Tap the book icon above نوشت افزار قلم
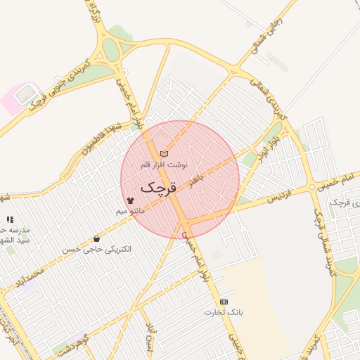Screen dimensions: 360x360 point(164,153)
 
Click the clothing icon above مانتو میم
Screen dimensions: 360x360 point(130,200)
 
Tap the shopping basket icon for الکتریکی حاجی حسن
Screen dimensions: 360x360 point(96,239)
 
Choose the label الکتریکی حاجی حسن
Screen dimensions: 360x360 point(96,249)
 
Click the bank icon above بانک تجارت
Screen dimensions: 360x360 point(224,302)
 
